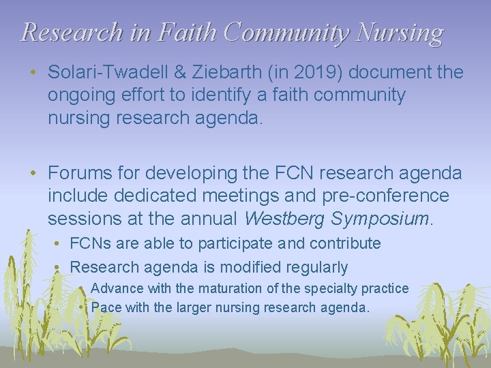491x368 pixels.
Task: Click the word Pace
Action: (x=106, y=307)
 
